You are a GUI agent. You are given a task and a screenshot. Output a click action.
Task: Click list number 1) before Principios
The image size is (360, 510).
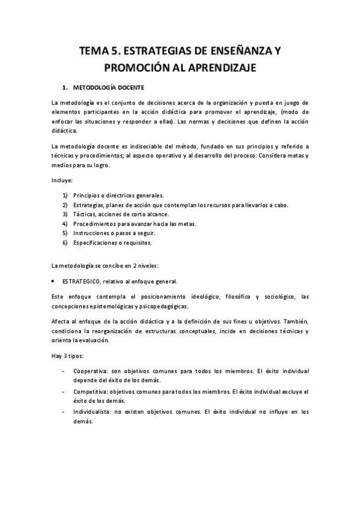click(x=65, y=195)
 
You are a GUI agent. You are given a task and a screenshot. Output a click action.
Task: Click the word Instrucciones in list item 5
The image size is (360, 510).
click(x=93, y=233)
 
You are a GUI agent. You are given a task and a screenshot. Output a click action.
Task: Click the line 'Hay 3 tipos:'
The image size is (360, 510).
click(x=67, y=356)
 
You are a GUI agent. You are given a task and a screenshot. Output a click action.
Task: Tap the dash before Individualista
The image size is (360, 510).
click(x=64, y=411)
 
